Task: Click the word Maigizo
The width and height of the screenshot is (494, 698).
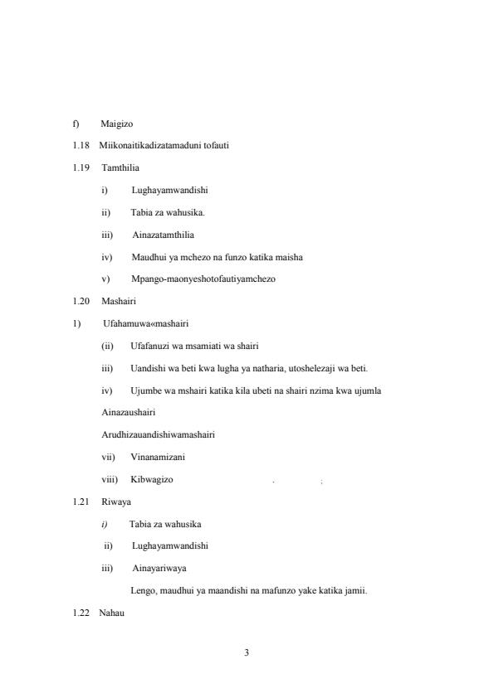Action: (x=117, y=124)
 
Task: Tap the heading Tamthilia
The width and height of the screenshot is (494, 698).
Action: (x=120, y=167)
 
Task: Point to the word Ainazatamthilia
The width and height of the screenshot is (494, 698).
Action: (x=163, y=235)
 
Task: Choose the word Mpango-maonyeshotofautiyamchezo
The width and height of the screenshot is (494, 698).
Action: (x=203, y=279)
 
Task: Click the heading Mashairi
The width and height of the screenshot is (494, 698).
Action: (x=119, y=301)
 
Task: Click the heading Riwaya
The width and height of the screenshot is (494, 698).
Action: (x=116, y=502)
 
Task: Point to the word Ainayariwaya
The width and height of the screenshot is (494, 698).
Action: (x=159, y=568)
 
